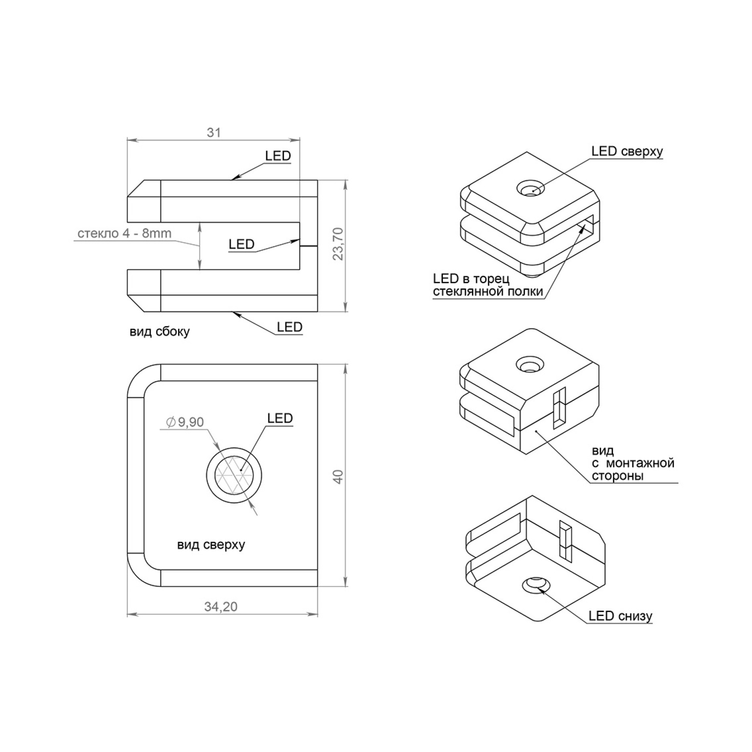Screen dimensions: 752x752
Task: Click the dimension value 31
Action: pyautogui.click(x=214, y=132)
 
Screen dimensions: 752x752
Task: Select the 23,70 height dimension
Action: pyautogui.click(x=338, y=244)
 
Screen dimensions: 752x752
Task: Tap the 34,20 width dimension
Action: pyautogui.click(x=221, y=606)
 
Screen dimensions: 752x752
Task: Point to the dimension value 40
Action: pyautogui.click(x=338, y=477)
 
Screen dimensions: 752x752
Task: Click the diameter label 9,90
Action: pyautogui.click(x=185, y=422)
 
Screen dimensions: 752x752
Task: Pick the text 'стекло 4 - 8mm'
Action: pyautogui.click(x=124, y=233)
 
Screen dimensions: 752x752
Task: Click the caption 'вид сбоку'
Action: pyautogui.click(x=160, y=331)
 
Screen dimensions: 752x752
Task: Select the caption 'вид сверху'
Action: pyautogui.click(x=211, y=545)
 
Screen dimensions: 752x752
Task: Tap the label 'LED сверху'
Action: pyautogui.click(x=627, y=151)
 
